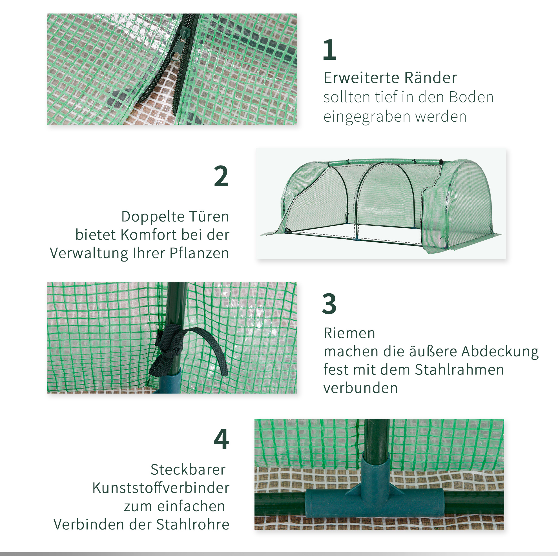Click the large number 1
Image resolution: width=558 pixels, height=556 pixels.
click(x=329, y=50)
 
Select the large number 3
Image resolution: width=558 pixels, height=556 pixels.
click(x=329, y=303)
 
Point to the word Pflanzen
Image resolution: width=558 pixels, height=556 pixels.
click(x=199, y=253)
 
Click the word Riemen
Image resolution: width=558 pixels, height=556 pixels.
click(x=349, y=333)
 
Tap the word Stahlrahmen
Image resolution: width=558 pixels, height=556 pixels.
click(x=460, y=370)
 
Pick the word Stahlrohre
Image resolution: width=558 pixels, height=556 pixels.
click(x=193, y=524)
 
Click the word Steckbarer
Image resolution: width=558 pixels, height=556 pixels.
click(x=188, y=470)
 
